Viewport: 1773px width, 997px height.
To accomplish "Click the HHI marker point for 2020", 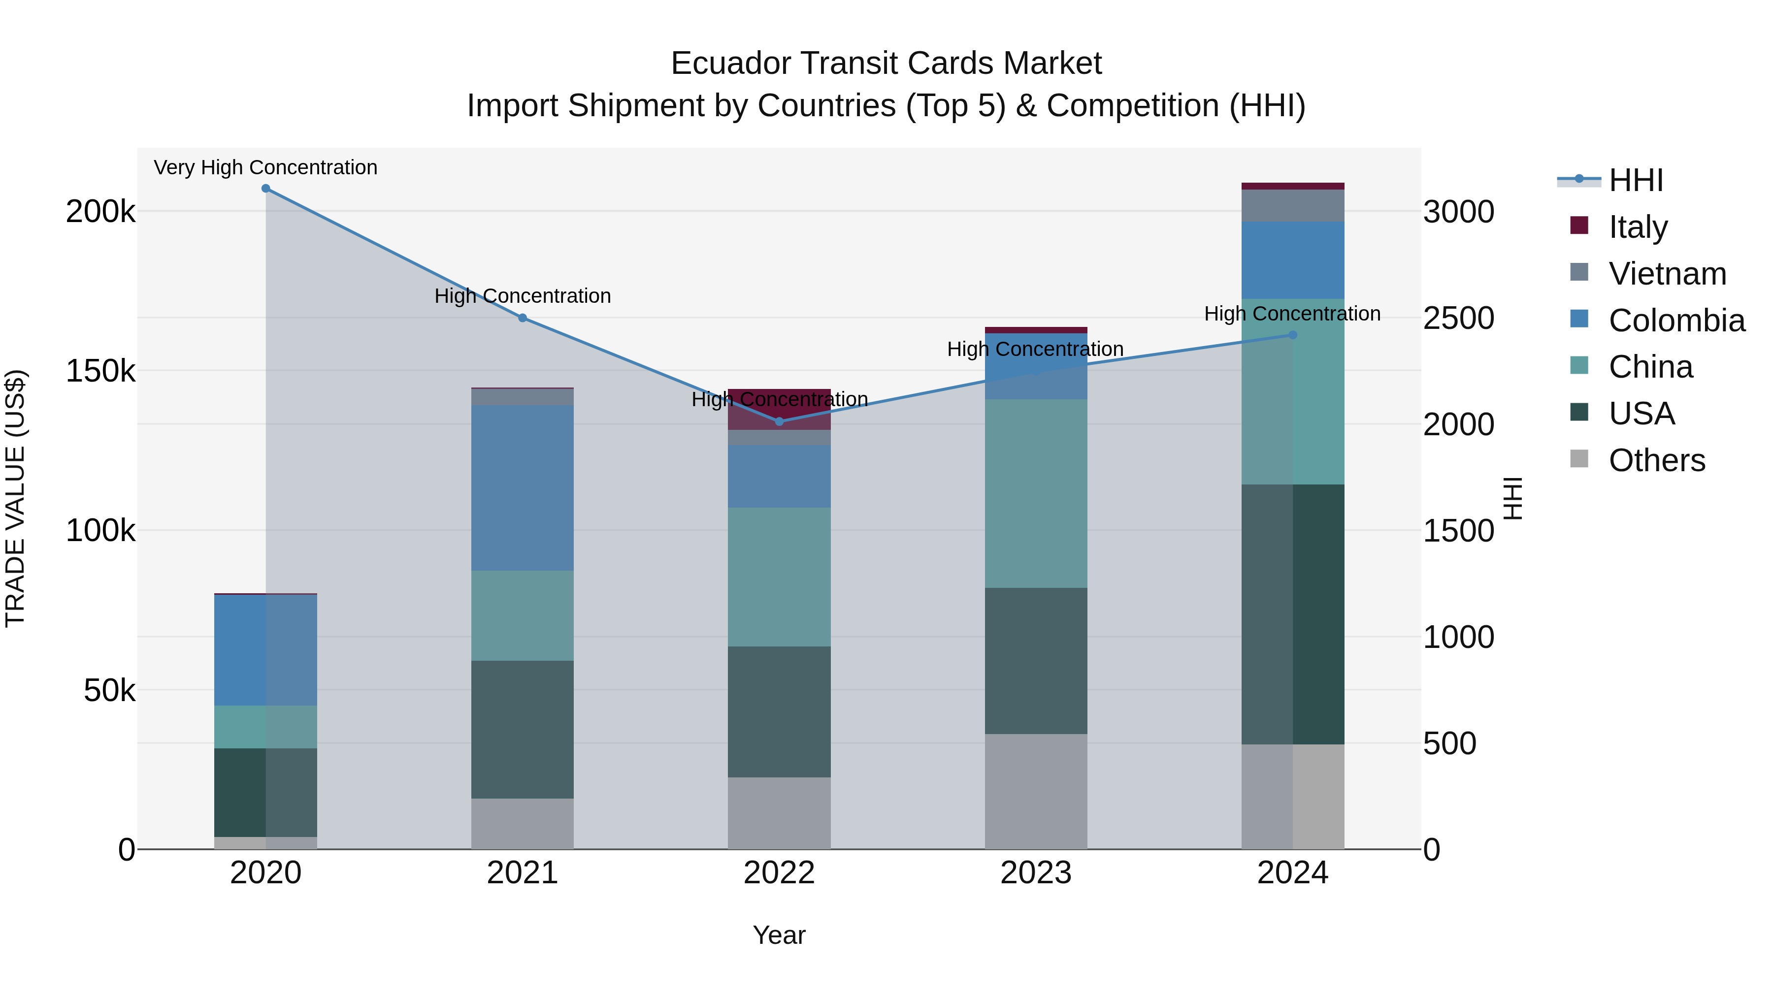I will click(265, 189).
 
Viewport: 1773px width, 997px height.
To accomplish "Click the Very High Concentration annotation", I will click(265, 168).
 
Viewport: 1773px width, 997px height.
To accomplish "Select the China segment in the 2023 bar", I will click(1036, 493).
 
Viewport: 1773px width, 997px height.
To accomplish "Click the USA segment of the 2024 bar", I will click(1293, 614).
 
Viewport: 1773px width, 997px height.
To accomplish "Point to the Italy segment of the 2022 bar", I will click(779, 409).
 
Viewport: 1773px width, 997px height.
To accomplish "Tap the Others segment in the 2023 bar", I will click(1036, 791).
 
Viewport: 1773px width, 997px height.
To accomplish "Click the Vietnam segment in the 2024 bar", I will click(1293, 205).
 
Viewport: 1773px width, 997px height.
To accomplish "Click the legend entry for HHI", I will click(1635, 180).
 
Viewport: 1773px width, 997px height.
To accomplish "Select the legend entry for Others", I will click(1656, 460).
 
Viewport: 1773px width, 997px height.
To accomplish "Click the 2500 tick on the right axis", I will click(1458, 319).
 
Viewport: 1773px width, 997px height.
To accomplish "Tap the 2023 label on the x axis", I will click(1036, 873).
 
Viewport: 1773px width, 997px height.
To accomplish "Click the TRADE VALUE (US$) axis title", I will click(15, 498).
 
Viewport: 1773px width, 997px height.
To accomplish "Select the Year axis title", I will click(779, 935).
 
